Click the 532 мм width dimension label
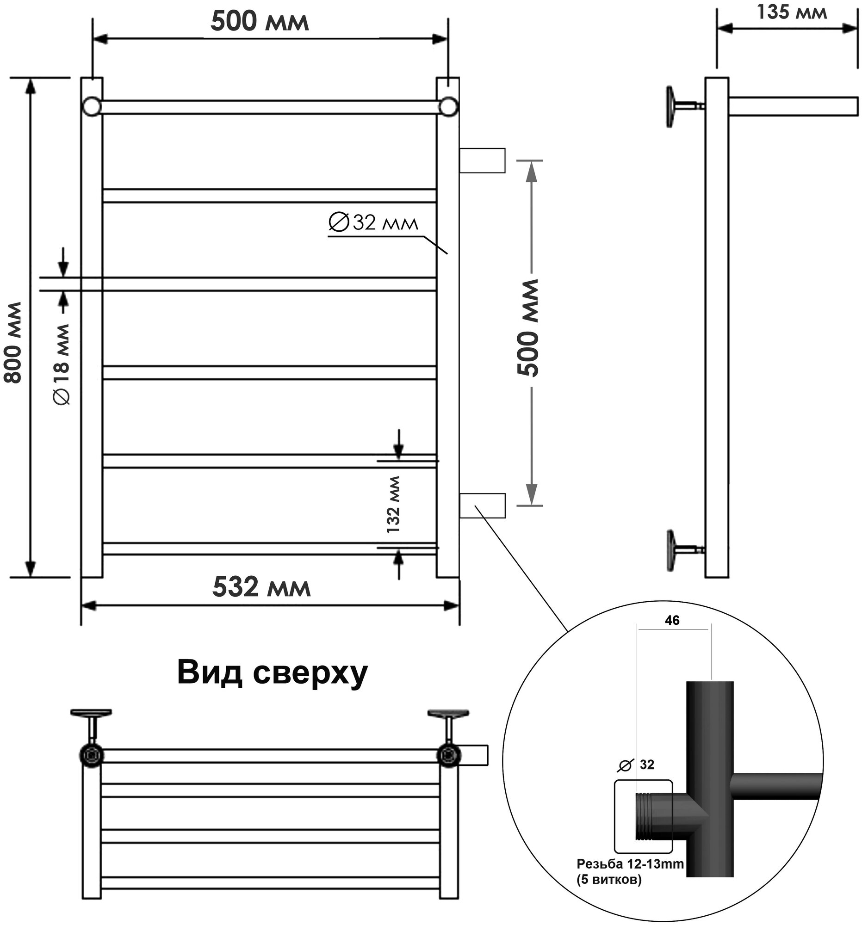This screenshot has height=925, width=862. [x=260, y=587]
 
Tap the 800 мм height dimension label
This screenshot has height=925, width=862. [x=13, y=342]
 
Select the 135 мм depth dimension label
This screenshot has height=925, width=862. [x=791, y=12]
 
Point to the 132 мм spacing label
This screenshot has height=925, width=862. [x=393, y=505]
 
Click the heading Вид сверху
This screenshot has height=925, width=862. [x=272, y=673]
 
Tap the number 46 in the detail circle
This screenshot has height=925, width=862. [x=671, y=620]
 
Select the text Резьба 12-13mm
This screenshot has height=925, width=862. [x=630, y=864]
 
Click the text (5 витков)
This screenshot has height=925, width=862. [x=608, y=880]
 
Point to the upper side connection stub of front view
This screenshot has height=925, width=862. [x=482, y=160]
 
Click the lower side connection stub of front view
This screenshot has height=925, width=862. [x=482, y=506]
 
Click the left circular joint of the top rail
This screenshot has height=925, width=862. [x=92, y=106]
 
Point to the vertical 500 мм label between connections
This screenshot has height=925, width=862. [x=528, y=328]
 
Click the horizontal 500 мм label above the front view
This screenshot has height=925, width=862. [x=259, y=21]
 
